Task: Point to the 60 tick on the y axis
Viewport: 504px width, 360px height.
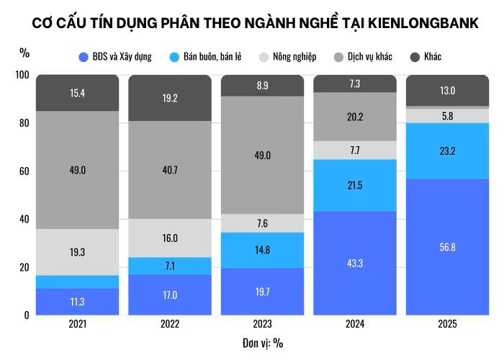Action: (x=24, y=171)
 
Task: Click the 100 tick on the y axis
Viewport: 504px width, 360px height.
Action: (x=22, y=76)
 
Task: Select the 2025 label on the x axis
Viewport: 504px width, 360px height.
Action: (x=447, y=324)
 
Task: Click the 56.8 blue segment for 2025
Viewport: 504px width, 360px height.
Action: (x=447, y=247)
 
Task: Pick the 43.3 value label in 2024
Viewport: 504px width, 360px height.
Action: (x=354, y=264)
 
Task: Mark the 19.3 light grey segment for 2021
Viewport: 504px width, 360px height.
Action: (x=77, y=252)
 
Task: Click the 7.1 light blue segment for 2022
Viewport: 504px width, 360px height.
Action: (x=170, y=266)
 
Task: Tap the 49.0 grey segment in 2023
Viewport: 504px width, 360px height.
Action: (x=262, y=155)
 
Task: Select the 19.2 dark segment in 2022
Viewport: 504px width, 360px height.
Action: (x=170, y=98)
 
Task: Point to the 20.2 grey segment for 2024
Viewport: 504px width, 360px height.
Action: (x=354, y=117)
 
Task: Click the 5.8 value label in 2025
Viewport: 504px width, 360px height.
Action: (x=447, y=115)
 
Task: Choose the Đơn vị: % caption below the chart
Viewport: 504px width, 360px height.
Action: (x=262, y=343)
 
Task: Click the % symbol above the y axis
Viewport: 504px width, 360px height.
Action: (x=24, y=53)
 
